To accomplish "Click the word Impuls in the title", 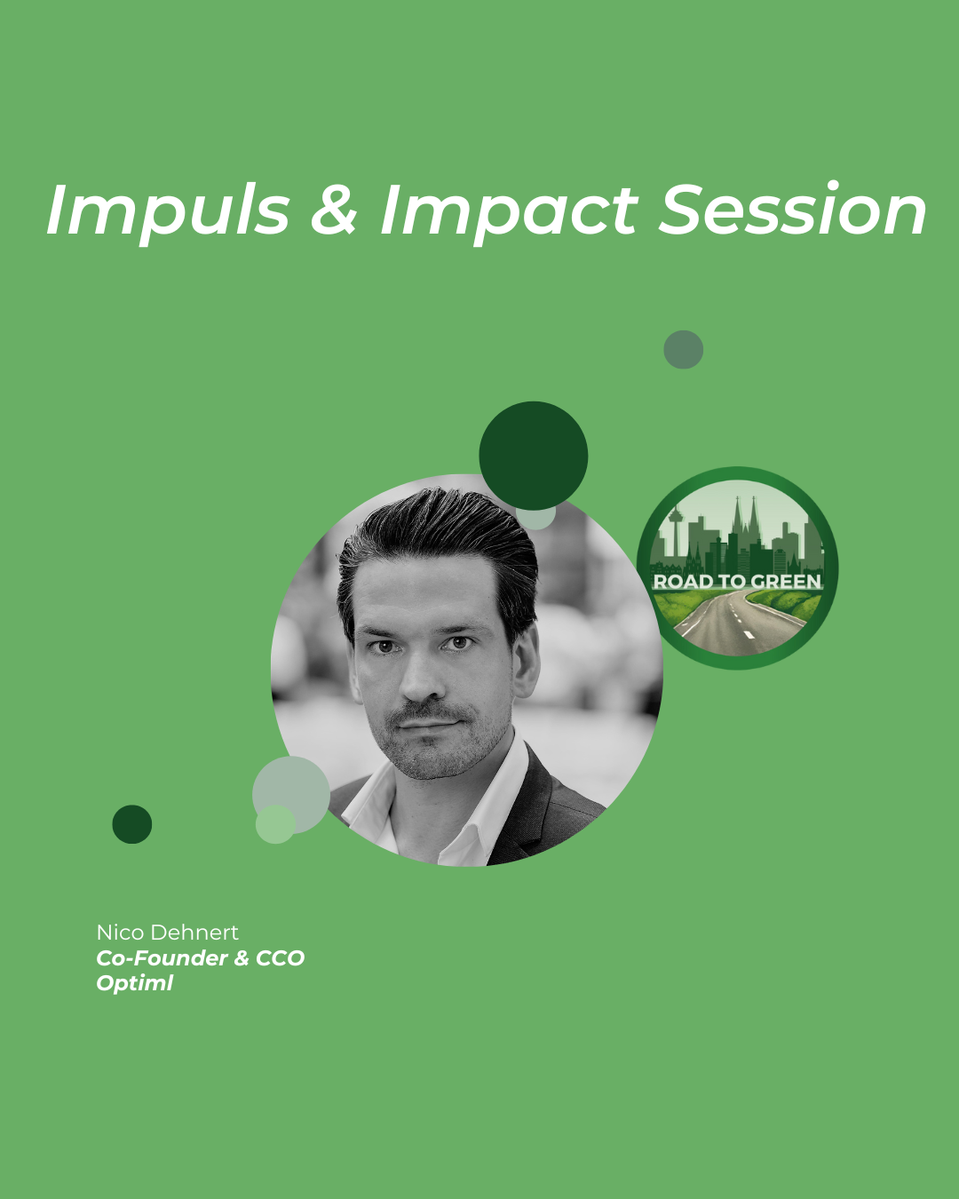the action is click(x=168, y=211).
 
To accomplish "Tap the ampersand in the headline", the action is click(x=333, y=210).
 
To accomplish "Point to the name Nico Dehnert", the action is click(x=167, y=933).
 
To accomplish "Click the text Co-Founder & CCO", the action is click(x=201, y=957).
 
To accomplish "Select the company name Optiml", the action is click(x=135, y=983).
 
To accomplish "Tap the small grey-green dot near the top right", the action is click(x=683, y=349).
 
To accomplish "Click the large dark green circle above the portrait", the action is click(x=534, y=456).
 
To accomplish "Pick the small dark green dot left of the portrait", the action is click(x=132, y=824).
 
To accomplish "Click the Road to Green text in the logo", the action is click(x=737, y=581).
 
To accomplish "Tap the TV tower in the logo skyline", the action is click(x=676, y=529).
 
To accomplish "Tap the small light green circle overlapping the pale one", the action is click(x=275, y=824).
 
